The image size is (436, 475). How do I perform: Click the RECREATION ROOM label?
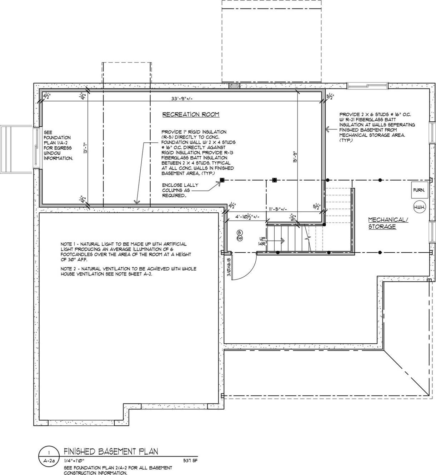coord(191,115)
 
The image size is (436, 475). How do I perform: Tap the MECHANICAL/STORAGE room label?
coord(387,223)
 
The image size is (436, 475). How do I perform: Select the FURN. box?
coord(419,190)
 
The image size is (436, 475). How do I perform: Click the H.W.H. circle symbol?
coord(419,207)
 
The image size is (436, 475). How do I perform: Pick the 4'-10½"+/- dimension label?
coord(247,217)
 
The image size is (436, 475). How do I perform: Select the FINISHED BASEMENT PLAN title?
coord(111,452)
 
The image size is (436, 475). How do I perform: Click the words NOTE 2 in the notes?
coord(70,269)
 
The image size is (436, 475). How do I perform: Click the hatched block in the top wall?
coord(234,86)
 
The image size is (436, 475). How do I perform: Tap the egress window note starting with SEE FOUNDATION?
coord(58,145)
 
